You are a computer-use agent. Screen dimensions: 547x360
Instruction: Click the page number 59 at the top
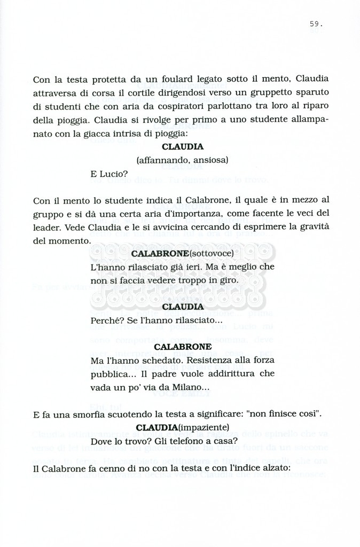click(315, 24)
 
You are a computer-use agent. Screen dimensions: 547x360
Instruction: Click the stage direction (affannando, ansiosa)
click(182, 160)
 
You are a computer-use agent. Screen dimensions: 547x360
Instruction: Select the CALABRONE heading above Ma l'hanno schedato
click(183, 347)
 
